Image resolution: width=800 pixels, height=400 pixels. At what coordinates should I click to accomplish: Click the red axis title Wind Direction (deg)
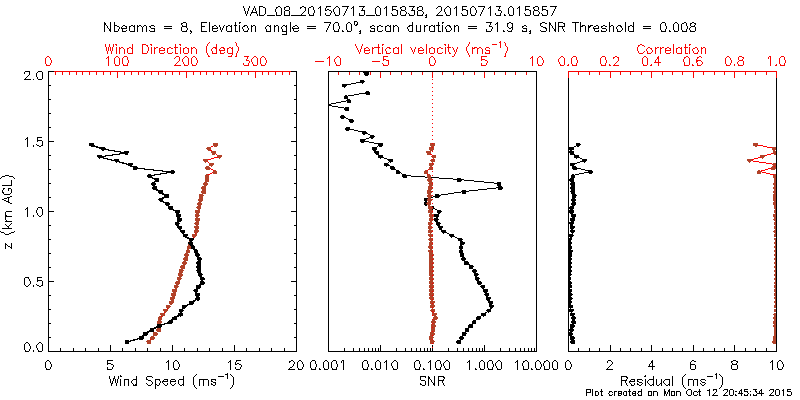(173, 49)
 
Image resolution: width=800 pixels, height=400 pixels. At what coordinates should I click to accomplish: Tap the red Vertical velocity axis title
(431, 49)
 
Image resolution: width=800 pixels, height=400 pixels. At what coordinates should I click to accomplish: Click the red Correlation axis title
(671, 49)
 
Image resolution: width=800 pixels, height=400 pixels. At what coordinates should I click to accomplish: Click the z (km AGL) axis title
(11, 211)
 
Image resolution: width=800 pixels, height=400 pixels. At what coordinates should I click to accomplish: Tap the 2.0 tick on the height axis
(32, 75)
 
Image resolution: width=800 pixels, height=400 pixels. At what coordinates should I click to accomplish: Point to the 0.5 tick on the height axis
(32, 280)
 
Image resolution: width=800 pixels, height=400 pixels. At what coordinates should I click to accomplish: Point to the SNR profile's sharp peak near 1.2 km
(500, 187)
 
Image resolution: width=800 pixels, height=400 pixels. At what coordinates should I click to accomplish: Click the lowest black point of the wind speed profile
(126, 342)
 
